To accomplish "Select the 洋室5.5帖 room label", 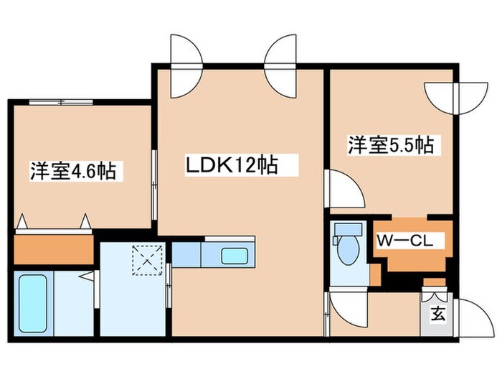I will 391,145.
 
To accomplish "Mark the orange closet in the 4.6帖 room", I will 54,248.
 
